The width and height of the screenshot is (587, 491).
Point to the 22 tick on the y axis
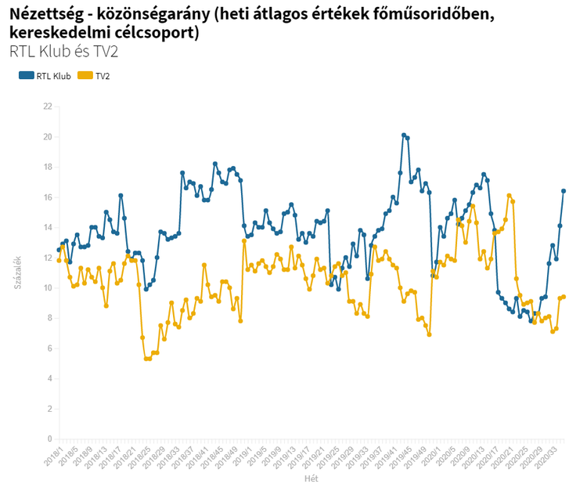(x=48, y=107)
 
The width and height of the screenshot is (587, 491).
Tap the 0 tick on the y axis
(x=49, y=439)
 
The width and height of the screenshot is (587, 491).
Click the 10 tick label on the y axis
(x=48, y=288)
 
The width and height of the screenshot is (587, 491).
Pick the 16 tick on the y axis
(x=48, y=197)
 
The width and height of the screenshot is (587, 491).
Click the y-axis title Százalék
(x=17, y=273)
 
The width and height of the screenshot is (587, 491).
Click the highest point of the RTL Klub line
(x=404, y=135)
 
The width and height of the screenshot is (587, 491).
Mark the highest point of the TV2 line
(x=509, y=196)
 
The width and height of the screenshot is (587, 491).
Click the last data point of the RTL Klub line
(x=564, y=191)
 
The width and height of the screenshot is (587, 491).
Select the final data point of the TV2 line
(x=564, y=297)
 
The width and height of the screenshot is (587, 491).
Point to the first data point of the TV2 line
(x=59, y=260)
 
